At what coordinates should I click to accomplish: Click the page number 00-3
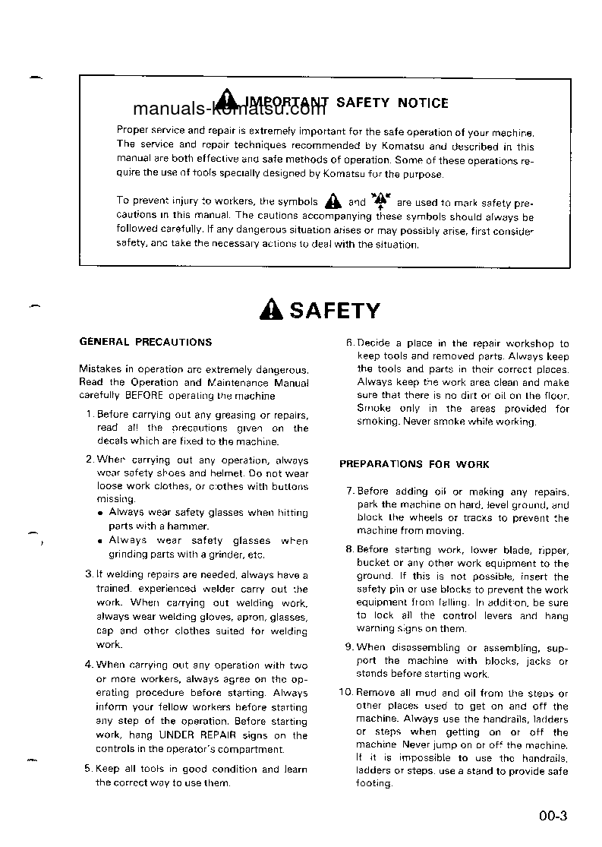pos(553,817)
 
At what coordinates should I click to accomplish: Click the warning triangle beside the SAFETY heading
pos(271,311)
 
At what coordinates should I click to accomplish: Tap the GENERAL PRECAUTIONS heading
pos(146,343)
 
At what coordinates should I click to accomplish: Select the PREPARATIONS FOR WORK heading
pos(414,464)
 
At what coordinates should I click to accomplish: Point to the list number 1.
pos(89,415)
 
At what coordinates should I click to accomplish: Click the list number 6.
pos(349,343)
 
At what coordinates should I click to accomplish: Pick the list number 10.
pos(345,693)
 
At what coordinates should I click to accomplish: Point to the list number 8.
pos(349,549)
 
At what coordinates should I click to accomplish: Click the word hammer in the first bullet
pos(189,526)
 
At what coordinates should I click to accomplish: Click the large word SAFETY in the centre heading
pos(335,311)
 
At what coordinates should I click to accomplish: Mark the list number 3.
pos(89,574)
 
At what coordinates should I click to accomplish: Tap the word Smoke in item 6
pos(374,409)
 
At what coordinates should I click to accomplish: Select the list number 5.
pos(89,769)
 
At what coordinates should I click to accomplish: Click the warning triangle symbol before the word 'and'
pos(332,202)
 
